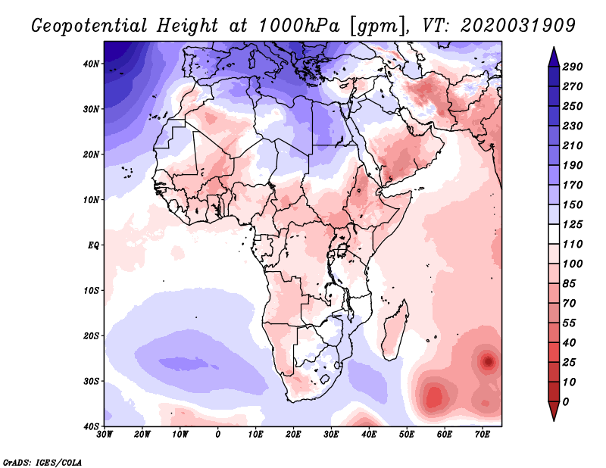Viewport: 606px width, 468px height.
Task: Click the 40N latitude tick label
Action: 90,64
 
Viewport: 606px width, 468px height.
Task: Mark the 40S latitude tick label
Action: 90,426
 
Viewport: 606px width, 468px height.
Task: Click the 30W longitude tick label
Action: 105,435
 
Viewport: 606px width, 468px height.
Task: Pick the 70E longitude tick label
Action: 482,435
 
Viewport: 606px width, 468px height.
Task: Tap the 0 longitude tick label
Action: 218,435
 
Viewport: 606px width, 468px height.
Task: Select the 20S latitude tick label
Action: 90,335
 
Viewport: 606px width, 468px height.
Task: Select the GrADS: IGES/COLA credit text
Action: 42,461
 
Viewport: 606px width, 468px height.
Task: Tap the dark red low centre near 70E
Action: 489,362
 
